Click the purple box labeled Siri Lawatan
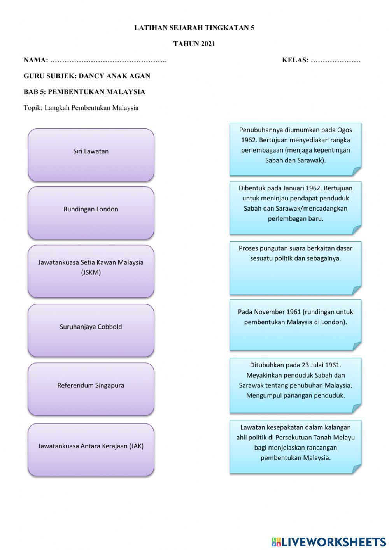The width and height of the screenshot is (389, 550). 91,155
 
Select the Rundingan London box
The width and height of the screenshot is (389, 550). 91,213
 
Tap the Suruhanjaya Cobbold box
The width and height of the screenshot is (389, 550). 91,330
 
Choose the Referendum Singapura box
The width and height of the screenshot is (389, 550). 91,389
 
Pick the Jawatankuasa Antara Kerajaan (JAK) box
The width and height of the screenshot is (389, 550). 91,450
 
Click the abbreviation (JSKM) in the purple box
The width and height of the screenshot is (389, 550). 91,273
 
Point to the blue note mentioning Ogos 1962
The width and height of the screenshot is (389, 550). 295,149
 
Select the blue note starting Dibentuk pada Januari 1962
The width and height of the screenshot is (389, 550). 295,207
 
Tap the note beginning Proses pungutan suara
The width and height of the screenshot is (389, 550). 295,267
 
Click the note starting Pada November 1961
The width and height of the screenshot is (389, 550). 295,325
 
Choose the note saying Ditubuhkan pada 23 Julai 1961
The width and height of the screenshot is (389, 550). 295,385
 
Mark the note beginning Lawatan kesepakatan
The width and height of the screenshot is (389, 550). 295,446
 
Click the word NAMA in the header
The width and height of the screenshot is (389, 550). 35,60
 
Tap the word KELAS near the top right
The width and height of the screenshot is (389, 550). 295,60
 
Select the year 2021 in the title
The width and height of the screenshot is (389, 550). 208,44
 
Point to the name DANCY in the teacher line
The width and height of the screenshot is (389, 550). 92,76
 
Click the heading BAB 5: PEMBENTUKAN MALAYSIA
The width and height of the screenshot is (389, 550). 84,92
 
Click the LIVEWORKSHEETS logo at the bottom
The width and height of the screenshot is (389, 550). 329,541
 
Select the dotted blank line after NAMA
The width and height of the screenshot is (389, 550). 109,61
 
